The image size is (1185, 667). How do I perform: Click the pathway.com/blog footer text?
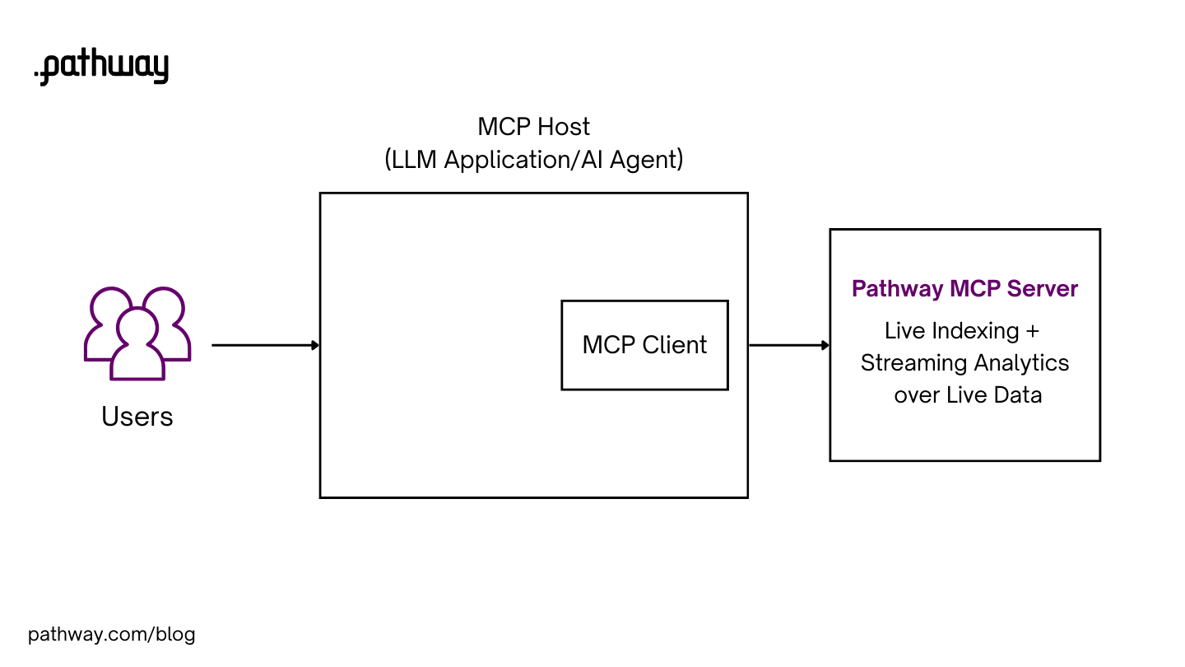(112, 635)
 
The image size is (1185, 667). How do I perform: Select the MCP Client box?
(644, 344)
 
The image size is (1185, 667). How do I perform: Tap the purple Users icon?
(137, 333)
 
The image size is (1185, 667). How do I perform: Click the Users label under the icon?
(137, 417)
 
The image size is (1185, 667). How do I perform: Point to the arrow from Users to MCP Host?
(263, 345)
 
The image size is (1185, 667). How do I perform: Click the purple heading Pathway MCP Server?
(964, 289)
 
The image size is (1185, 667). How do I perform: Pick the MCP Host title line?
(533, 127)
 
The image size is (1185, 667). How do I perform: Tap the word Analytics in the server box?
(1022, 363)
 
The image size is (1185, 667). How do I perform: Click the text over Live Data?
(968, 395)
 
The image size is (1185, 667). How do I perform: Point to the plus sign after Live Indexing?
(1033, 331)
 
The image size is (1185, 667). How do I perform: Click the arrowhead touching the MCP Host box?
(315, 345)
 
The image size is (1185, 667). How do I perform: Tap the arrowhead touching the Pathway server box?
(825, 345)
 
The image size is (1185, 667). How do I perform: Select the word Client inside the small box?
(675, 344)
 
